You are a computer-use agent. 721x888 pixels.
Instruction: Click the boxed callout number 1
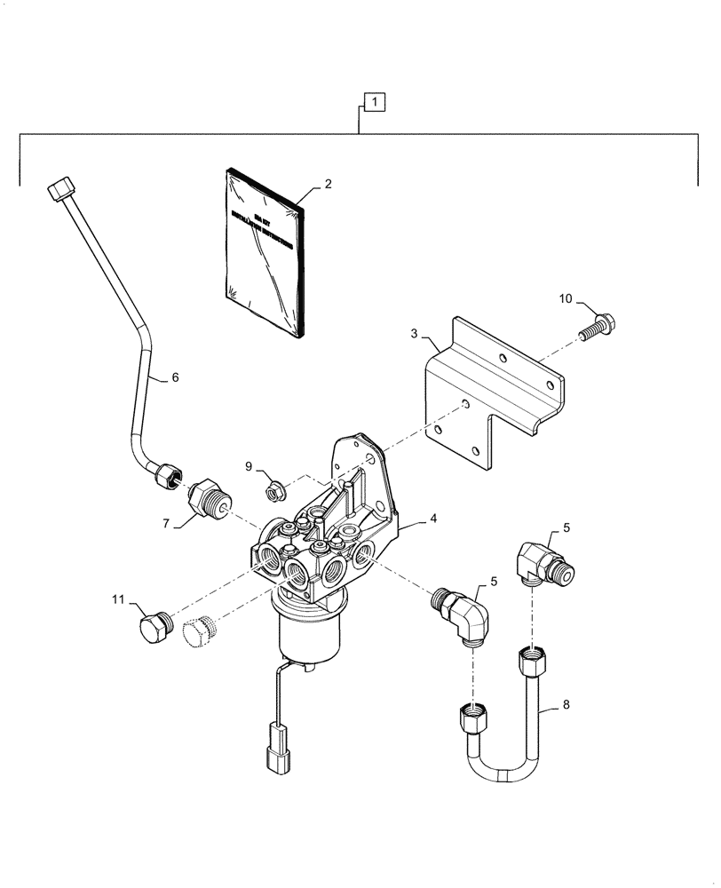click(375, 104)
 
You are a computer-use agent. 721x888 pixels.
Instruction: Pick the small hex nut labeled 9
click(275, 488)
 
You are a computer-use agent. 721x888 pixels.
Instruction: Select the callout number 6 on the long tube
click(174, 377)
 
